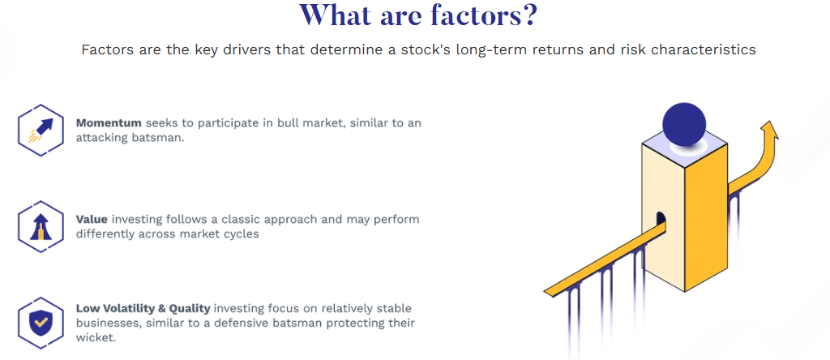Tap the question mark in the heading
coord(525,15)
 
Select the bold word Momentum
coord(109,122)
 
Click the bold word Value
coord(92,219)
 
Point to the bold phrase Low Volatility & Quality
coord(143,308)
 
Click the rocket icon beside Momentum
coord(41,130)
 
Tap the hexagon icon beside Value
coord(41,226)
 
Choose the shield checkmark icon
coord(41,323)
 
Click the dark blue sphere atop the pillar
coord(684,124)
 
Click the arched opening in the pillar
coord(661,219)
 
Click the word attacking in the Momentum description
coord(100,138)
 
